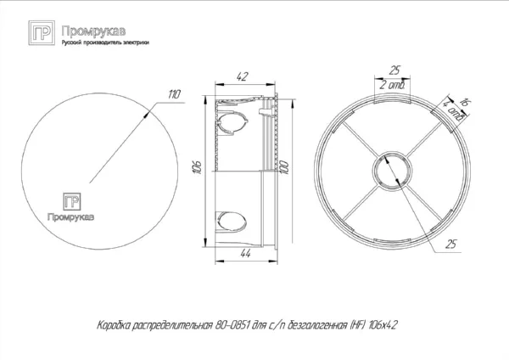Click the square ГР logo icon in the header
pyautogui.click(x=41, y=33)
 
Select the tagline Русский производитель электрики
pyautogui.click(x=100, y=42)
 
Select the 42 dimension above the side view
pyautogui.click(x=243, y=76)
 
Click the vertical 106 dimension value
pyautogui.click(x=196, y=166)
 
